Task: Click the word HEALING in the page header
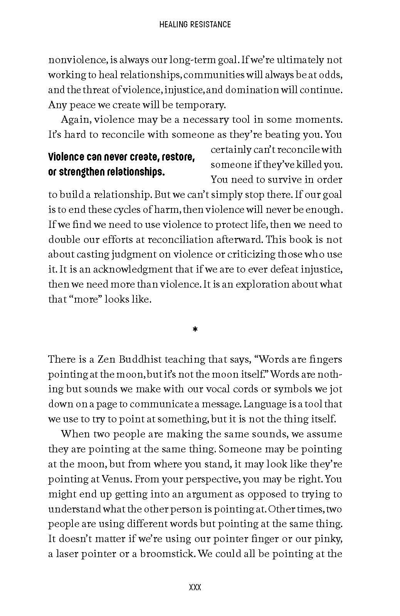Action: tap(172, 25)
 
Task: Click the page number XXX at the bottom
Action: tap(195, 588)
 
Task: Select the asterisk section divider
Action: tap(195, 330)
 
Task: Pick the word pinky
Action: tap(331, 539)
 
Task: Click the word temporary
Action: tap(200, 105)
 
